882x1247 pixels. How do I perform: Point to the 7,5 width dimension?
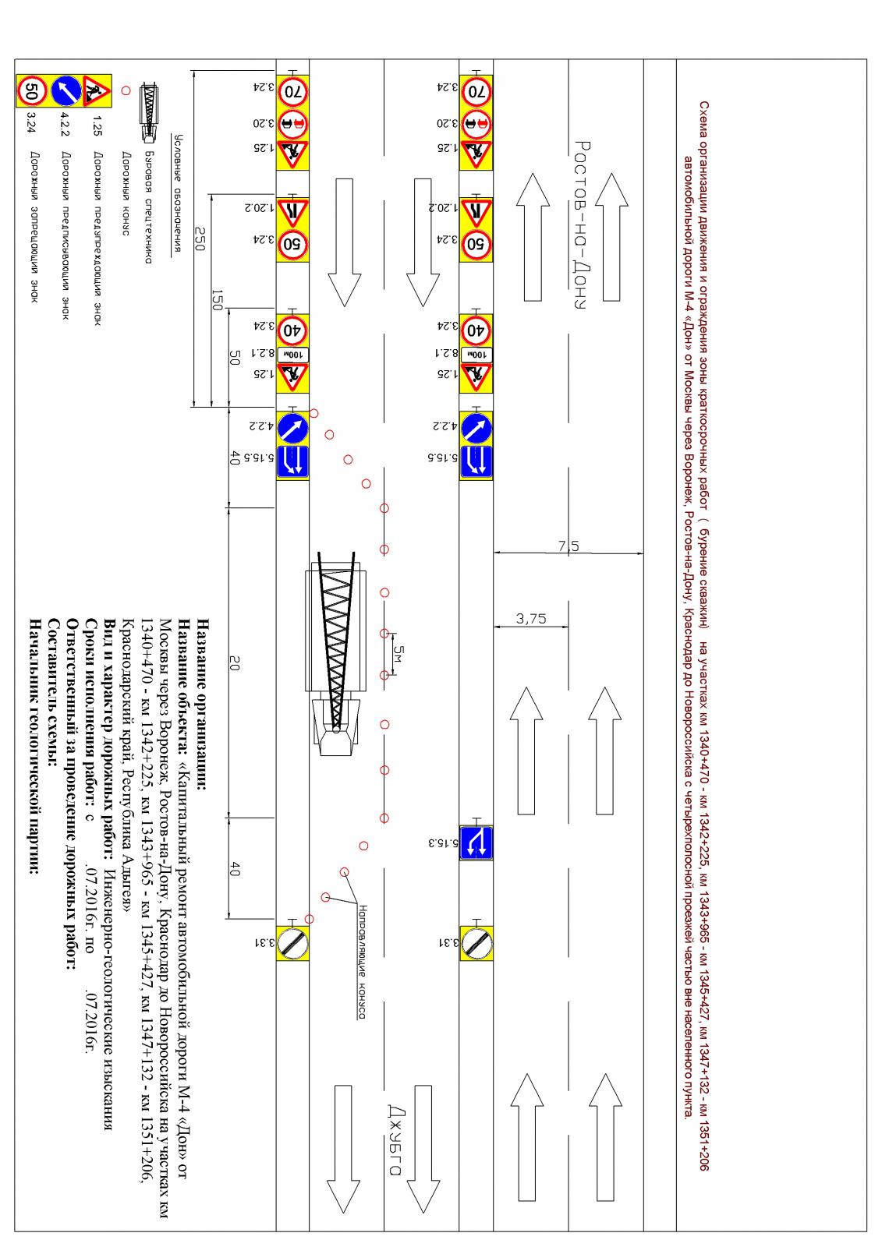(x=569, y=546)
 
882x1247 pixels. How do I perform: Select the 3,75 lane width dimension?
(x=531, y=619)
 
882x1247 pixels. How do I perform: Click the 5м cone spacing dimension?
(x=398, y=653)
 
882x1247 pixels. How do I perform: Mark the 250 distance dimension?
(x=200, y=238)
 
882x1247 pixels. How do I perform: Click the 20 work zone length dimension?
(x=235, y=663)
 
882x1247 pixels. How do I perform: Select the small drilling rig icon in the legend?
(x=149, y=111)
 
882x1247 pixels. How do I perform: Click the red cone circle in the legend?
(x=126, y=90)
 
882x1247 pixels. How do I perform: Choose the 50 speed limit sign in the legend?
(x=32, y=90)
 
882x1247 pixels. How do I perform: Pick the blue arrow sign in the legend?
(x=66, y=90)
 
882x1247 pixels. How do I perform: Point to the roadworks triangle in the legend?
(x=96, y=90)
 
